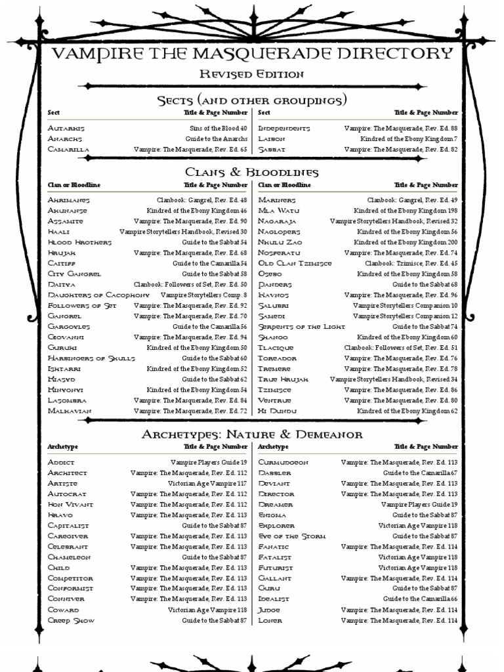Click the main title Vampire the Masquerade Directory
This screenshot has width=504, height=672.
coord(252,54)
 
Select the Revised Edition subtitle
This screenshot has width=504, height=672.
coord(252,74)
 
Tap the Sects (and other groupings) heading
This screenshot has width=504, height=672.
coord(252,100)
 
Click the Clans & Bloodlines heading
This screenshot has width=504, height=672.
coord(252,172)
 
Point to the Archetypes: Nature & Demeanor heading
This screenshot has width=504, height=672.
coord(252,434)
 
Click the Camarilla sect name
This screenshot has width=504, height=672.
coord(68,150)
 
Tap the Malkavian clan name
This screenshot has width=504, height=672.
coord(70,411)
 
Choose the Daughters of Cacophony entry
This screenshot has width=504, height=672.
coord(94,295)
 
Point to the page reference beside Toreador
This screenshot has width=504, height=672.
coord(401,358)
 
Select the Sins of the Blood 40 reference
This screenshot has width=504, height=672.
coord(219,129)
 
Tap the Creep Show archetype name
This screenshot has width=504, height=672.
coord(71,620)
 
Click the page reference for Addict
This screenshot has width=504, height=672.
coord(209,462)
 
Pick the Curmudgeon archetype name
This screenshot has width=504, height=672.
coord(283,462)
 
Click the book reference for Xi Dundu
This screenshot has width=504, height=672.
coord(407,411)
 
